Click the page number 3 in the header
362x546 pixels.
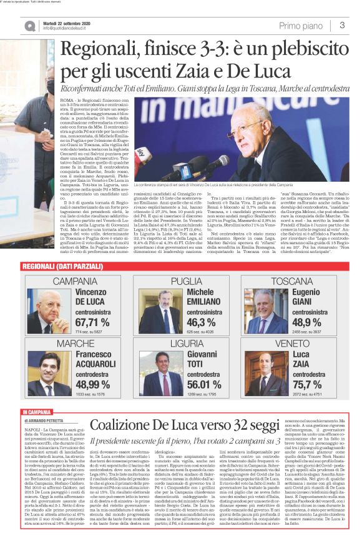[x=343, y=25]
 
